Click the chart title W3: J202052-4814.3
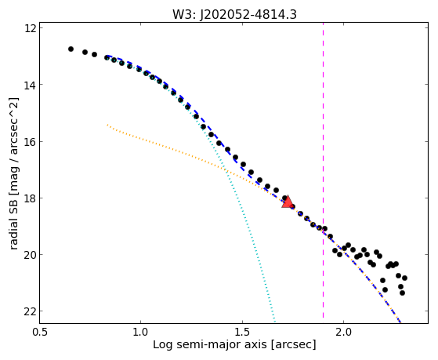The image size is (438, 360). pos(234,14)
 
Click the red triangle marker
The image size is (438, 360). pos(287,202)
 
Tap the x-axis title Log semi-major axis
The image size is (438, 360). pos(209,344)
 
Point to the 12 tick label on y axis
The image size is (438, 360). pos(30,28)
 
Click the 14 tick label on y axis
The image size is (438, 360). pos(30,85)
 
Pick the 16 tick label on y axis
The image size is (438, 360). pos(30,141)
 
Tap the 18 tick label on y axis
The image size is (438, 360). pos(30,198)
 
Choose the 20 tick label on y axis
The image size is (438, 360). pos(30,255)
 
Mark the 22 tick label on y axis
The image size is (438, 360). pos(30,311)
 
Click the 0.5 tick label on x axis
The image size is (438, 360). pos(39,332)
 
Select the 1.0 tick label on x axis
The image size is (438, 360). pos(140,332)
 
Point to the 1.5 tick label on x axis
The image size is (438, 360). pos(242,332)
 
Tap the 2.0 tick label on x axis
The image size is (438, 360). pos(344,332)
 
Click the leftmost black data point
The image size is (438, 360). pos(71,49)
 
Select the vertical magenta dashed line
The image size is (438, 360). pos(323,170)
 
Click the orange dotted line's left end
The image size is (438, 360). pos(107,125)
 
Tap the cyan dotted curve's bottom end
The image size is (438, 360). pos(275,321)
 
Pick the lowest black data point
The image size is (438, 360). pos(402,293)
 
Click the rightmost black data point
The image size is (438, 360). pos(404,278)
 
